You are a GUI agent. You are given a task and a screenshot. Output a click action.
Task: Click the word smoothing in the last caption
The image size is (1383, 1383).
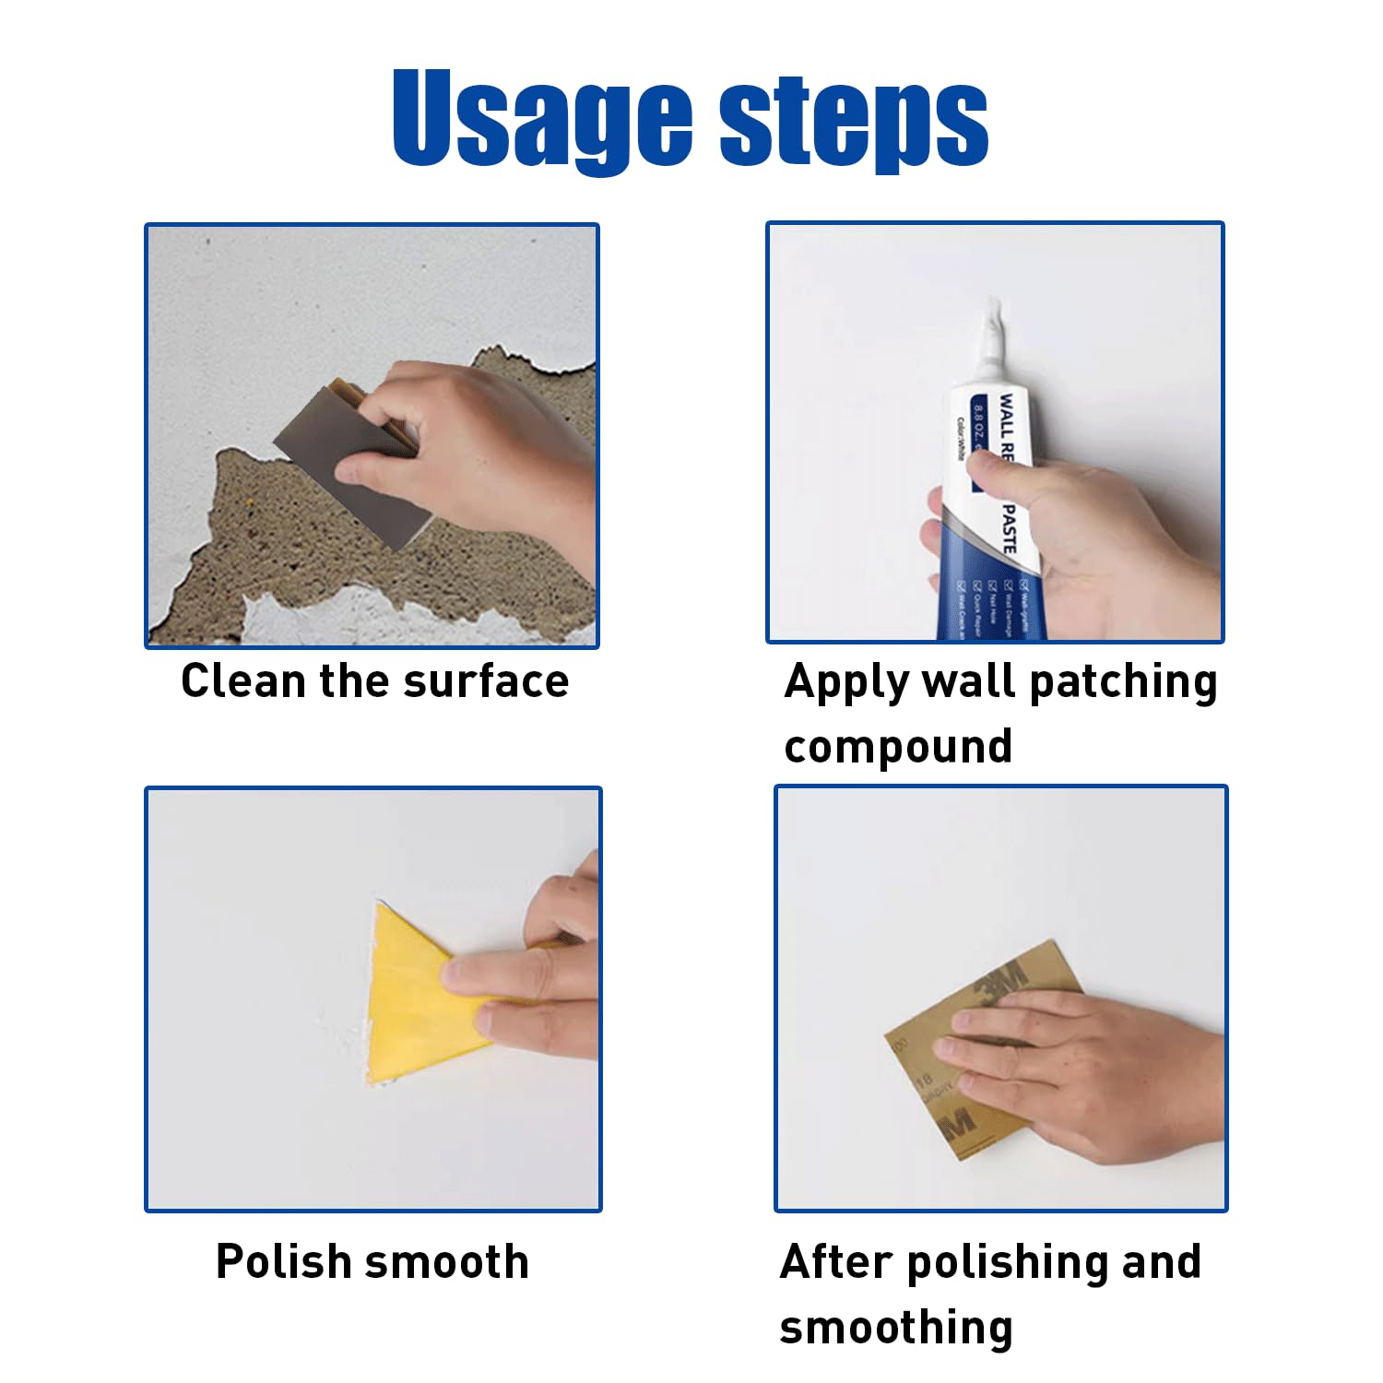tap(895, 1328)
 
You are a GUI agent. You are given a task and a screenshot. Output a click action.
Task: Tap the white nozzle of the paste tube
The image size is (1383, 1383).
tap(990, 341)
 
